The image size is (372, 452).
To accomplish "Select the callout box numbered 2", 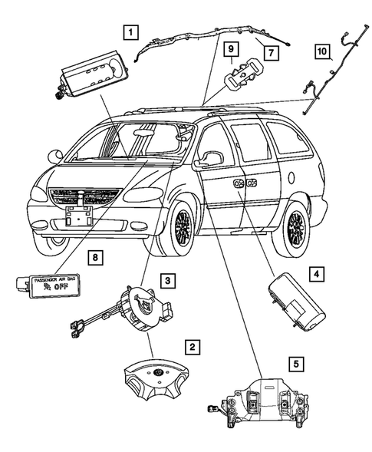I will coord(194,348).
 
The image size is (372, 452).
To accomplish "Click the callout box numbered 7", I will coord(269,51).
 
